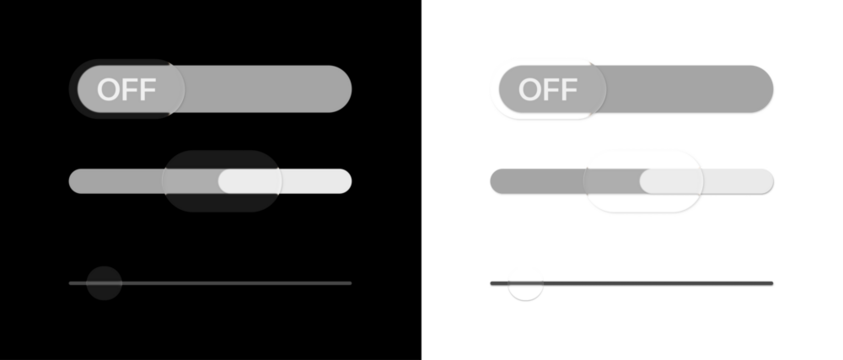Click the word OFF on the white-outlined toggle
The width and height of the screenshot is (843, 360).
(x=548, y=89)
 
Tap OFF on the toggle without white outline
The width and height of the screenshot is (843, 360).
(x=126, y=89)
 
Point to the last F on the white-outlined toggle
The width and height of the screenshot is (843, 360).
(x=569, y=89)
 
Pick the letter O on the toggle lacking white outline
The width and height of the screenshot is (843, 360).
(x=108, y=89)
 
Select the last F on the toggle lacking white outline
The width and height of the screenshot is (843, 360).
(x=148, y=89)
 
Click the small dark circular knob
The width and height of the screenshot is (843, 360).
(x=104, y=283)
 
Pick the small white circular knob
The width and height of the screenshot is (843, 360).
(x=525, y=283)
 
